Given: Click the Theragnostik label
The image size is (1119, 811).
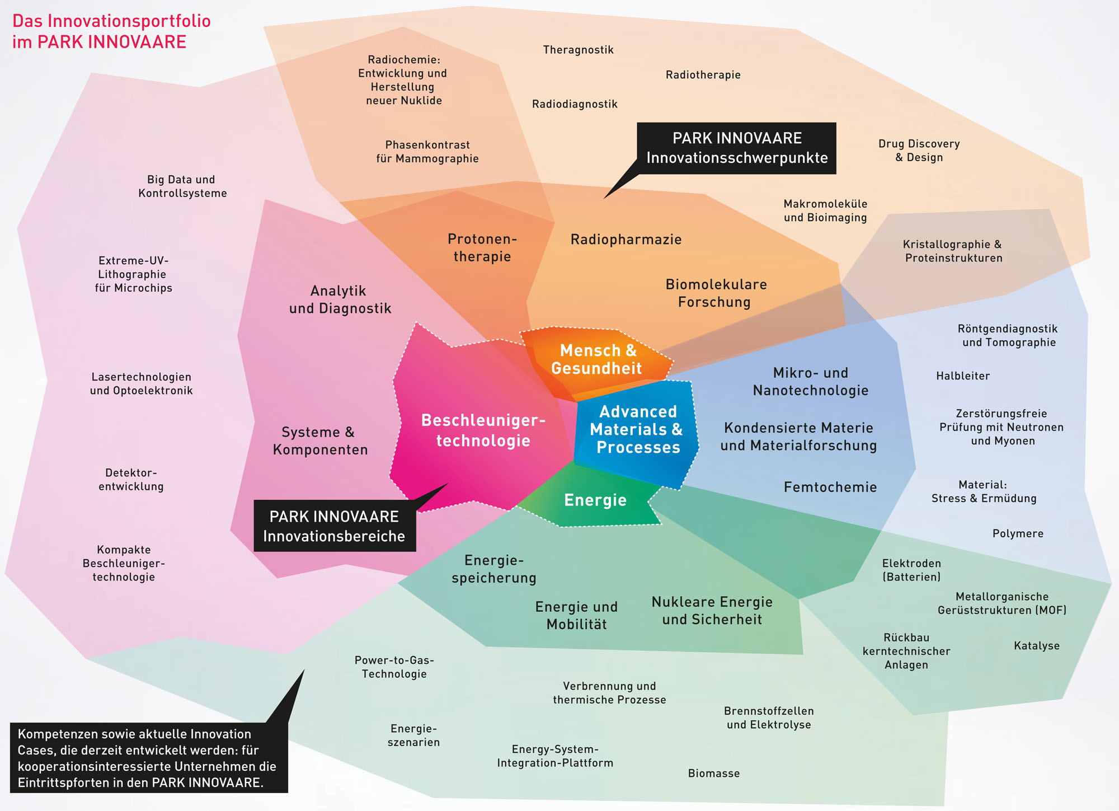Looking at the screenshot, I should click(x=578, y=50).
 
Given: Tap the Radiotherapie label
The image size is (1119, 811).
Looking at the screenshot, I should click(x=703, y=75).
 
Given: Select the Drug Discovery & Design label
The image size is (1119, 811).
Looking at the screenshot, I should click(x=919, y=151).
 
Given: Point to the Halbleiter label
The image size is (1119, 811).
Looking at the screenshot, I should click(x=963, y=376).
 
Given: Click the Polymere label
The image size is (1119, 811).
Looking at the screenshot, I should click(x=1018, y=533).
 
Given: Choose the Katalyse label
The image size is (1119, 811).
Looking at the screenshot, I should click(x=1036, y=646).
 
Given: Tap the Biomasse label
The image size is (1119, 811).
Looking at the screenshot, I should click(x=713, y=774).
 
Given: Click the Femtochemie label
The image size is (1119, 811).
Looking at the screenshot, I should click(x=830, y=487).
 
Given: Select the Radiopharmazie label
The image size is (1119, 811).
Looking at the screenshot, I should click(x=626, y=240).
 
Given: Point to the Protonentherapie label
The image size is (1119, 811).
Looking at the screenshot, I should click(x=482, y=248).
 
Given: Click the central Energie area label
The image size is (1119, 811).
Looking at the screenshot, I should click(x=595, y=500).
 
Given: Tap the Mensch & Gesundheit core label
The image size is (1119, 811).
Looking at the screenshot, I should click(x=597, y=359).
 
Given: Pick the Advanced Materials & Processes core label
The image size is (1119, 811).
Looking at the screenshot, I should click(x=637, y=429).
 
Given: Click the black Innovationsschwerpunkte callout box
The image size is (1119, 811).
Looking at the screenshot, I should click(x=736, y=148).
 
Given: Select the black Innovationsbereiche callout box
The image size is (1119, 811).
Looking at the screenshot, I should click(x=334, y=526).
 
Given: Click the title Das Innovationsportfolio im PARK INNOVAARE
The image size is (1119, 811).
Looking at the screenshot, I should click(x=111, y=31).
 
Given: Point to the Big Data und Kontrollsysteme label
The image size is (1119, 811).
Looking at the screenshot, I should click(x=182, y=186).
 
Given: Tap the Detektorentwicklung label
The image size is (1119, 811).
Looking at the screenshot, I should click(x=131, y=480).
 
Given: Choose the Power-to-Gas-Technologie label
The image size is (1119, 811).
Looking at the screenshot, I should click(x=394, y=667).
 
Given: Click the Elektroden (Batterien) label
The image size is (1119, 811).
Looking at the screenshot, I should click(x=911, y=570).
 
